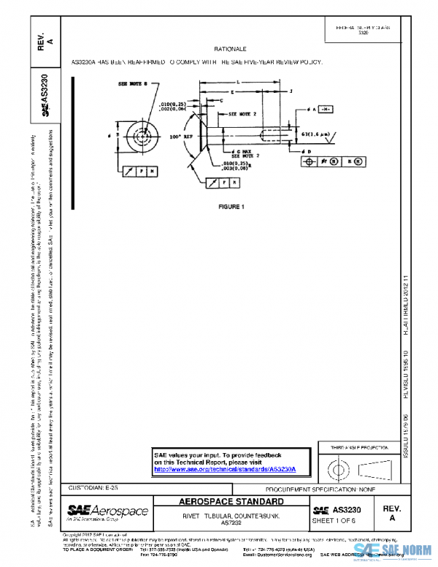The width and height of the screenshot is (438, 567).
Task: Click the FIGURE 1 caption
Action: click(231, 207)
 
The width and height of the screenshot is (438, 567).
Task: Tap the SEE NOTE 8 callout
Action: click(133, 85)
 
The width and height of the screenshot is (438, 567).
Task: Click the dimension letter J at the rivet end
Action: click(291, 92)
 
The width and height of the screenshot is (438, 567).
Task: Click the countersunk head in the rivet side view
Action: click(200, 135)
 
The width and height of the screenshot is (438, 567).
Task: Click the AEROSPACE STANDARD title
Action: click(232, 503)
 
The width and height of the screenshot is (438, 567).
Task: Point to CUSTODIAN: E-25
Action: click(93, 487)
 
